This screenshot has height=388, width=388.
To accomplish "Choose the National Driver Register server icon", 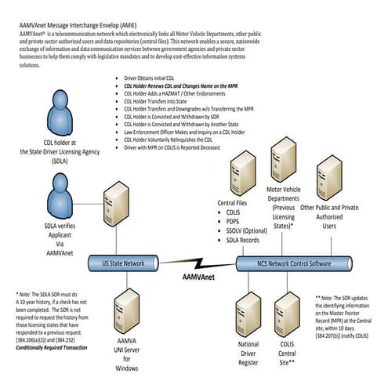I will pyautogui.click(x=245, y=310).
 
